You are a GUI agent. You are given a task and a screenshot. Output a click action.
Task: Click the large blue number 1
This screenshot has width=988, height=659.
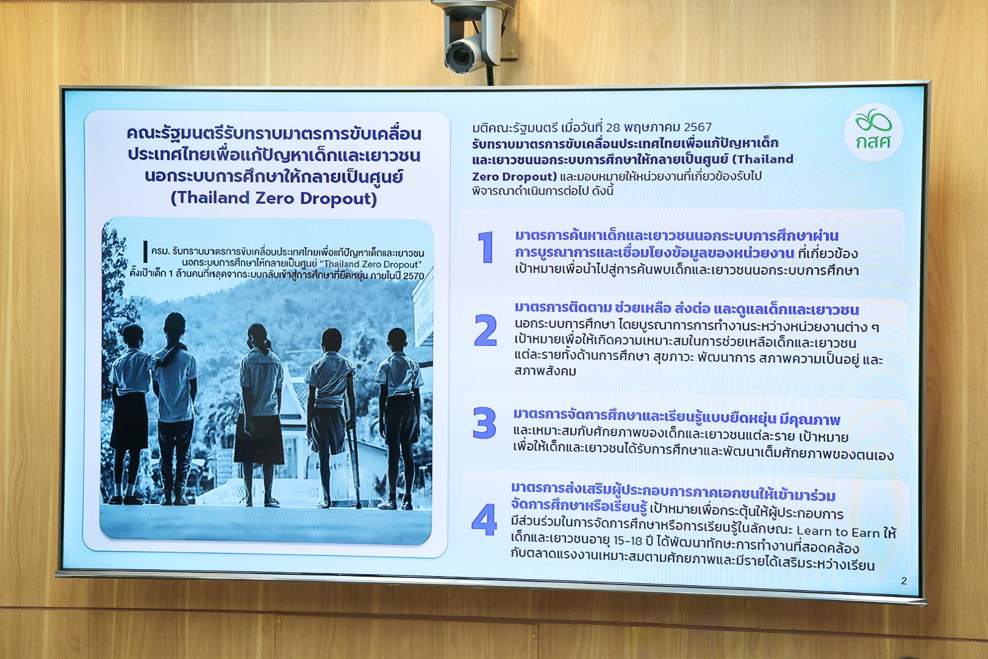pos(485,247)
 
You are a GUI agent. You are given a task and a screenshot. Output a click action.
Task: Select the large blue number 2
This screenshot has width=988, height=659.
pos(485,330)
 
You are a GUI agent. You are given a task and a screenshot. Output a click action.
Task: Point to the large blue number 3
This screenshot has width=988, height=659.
pos(484,423)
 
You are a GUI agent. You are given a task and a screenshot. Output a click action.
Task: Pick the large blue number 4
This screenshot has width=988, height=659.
pos(484,519)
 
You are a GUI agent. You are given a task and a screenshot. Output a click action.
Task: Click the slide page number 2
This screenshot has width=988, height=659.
pos(904,581)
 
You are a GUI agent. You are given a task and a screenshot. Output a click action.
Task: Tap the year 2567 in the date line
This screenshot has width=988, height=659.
pos(697,127)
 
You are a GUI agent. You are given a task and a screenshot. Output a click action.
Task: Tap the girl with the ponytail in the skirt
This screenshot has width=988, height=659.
pos(259,415)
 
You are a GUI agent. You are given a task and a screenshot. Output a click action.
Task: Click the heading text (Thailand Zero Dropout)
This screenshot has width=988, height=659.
pos(273,198)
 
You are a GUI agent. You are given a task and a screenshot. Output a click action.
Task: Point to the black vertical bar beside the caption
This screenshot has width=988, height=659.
pos(145,251)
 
